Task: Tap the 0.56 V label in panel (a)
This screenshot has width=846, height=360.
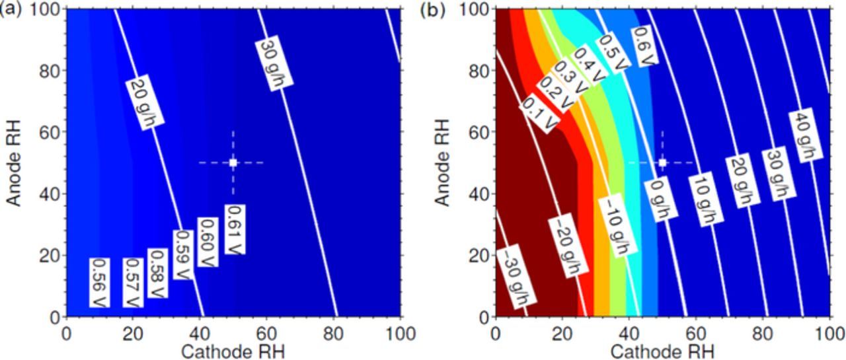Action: [98, 282]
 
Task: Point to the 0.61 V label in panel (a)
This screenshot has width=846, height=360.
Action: [233, 230]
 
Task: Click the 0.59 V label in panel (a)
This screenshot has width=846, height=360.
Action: [183, 256]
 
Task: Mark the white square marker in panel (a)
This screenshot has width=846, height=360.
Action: [233, 162]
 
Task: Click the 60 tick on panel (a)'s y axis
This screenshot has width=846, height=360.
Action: [53, 132]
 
